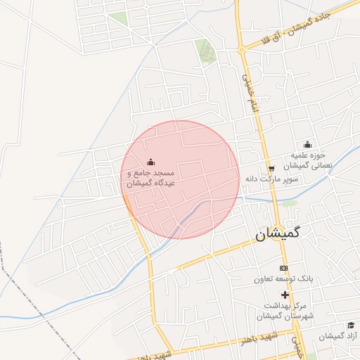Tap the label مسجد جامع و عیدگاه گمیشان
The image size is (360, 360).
click(150, 177)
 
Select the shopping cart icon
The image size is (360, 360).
click(271, 169)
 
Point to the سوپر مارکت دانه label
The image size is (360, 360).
click(273, 179)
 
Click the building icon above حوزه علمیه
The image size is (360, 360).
click(307, 146)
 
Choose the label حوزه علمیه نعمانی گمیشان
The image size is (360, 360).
click(307, 160)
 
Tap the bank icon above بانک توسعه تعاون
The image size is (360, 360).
click(283, 269)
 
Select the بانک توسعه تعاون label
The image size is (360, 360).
click(283, 279)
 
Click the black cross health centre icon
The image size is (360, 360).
click(284, 295)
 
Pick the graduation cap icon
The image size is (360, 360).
click(350, 326)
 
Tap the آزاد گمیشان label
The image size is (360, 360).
click(338, 337)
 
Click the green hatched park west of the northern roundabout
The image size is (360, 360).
click(205, 50)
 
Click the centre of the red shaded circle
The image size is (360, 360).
click(181, 179)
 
